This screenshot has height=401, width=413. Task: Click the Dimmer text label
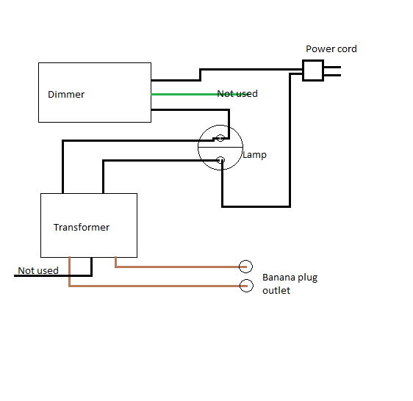point(66,94)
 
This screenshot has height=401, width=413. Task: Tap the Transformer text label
point(82,227)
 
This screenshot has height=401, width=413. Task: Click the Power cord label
point(331,48)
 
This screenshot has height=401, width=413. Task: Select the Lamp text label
point(254,154)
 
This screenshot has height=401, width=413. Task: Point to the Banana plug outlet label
point(290,283)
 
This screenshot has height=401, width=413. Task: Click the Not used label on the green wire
point(237,93)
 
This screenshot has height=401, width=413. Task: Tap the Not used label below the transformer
point(38,270)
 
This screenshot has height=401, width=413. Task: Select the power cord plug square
point(313,71)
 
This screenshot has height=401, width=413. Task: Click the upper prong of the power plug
point(332,67)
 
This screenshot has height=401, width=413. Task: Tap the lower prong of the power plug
point(332,75)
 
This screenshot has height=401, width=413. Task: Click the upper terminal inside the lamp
point(220,137)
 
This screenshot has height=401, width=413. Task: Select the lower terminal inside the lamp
point(220,160)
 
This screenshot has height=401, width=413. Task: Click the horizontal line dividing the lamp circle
point(220,147)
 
